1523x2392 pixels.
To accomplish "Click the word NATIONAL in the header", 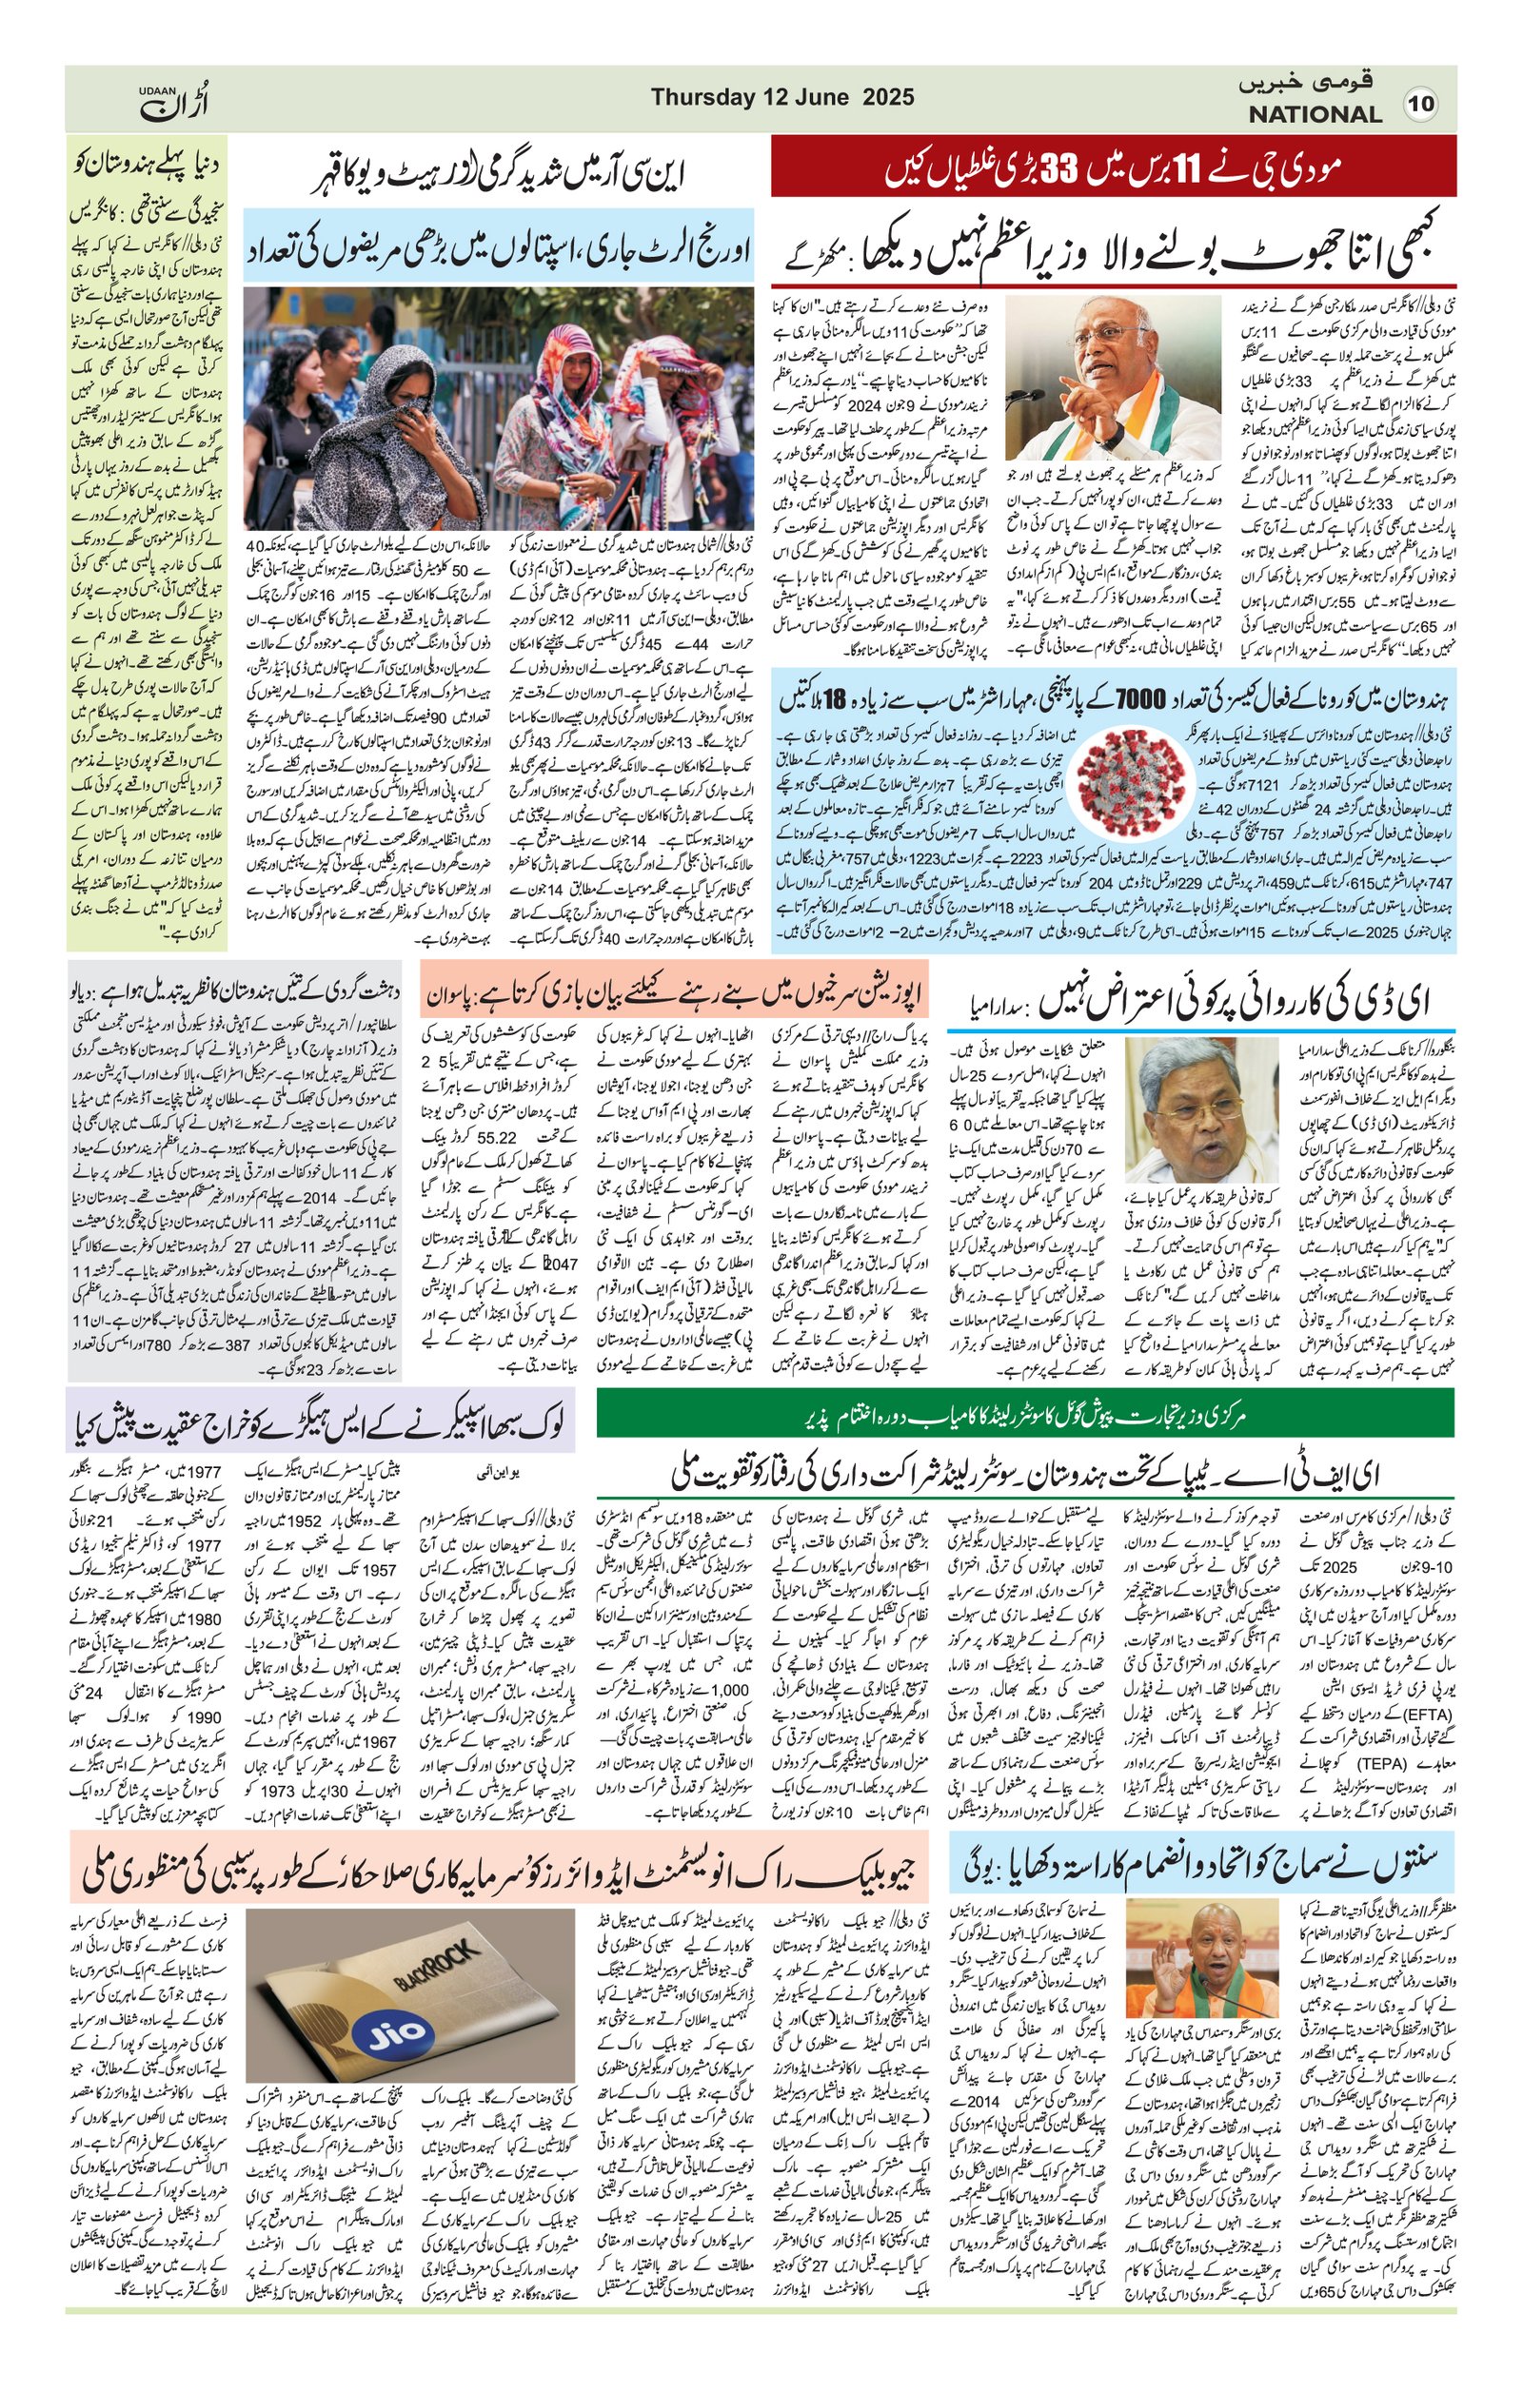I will [x=1315, y=114].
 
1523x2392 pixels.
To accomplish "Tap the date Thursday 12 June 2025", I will [x=781, y=97].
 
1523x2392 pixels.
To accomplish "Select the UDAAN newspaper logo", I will [x=174, y=101].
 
